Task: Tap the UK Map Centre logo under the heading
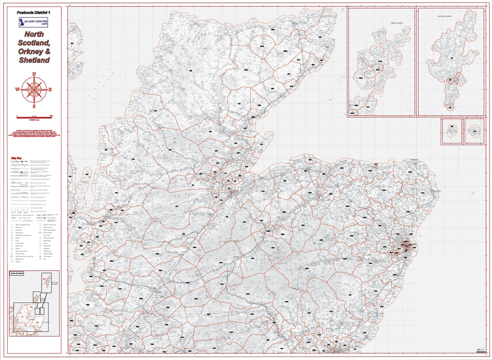pyautogui.click(x=34, y=22)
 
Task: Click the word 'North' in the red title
pyautogui.click(x=34, y=35)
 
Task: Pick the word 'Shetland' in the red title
pyautogui.click(x=34, y=60)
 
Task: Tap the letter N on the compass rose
pyautogui.click(x=34, y=74)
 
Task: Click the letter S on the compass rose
pyautogui.click(x=34, y=106)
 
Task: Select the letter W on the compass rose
pyautogui.click(x=17, y=90)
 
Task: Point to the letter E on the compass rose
pyautogui.click(x=50, y=90)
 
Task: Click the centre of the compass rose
pyautogui.click(x=34, y=90)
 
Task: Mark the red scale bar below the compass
pyautogui.click(x=34, y=116)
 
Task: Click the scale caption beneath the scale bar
pyautogui.click(x=34, y=119)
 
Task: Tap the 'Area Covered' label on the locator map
pyautogui.click(x=17, y=273)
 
